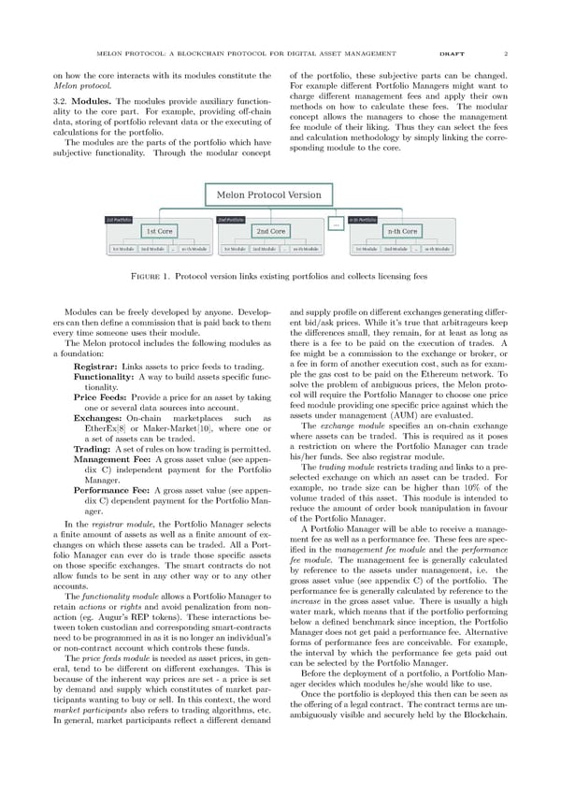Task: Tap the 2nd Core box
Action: coord(270,231)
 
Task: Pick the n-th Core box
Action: coord(403,231)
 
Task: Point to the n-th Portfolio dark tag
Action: coord(362,219)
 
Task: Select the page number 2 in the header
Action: coord(504,53)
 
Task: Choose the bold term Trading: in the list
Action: coord(91,450)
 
